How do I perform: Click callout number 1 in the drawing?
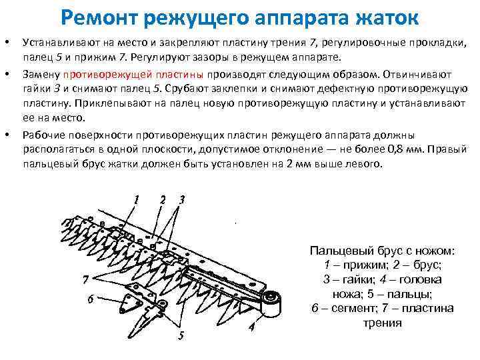(136, 199)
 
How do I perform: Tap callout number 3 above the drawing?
(181, 199)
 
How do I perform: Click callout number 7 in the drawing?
(85, 278)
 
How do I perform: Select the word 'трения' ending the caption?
(382, 323)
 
